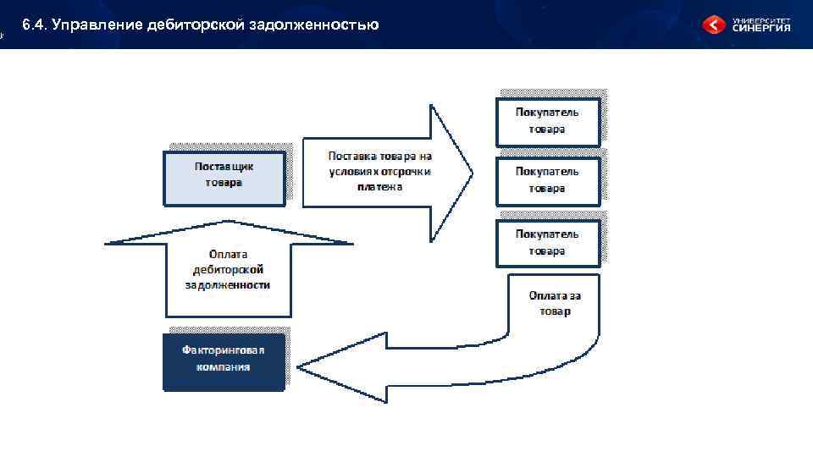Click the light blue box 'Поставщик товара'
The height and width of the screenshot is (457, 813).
pyautogui.click(x=224, y=179)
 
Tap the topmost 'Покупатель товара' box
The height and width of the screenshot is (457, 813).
pyautogui.click(x=548, y=122)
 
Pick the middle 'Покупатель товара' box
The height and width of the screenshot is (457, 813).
pyautogui.click(x=548, y=180)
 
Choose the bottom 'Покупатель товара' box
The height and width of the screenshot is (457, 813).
pyautogui.click(x=548, y=243)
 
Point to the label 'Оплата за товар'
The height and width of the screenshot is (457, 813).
pyautogui.click(x=555, y=303)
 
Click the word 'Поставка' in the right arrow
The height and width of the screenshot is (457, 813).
pyautogui.click(x=352, y=156)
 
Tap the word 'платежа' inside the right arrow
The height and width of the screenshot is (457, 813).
pyautogui.click(x=379, y=186)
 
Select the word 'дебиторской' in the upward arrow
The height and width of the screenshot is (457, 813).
pyautogui.click(x=229, y=269)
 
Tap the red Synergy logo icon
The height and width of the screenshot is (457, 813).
pyautogui.click(x=714, y=25)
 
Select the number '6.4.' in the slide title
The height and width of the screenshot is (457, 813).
pyautogui.click(x=35, y=25)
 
